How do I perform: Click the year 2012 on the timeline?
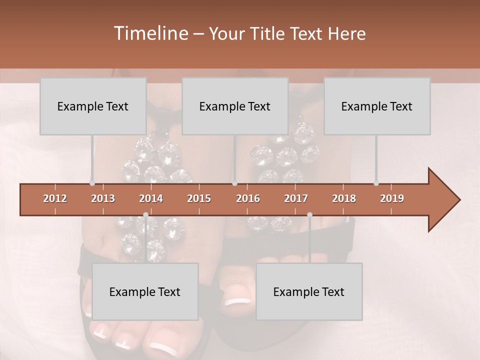tap(55, 198)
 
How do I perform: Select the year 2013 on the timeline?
tap(103, 198)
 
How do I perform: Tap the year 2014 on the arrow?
tap(151, 198)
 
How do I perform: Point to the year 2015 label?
tap(199, 198)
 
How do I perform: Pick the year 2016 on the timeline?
tap(248, 198)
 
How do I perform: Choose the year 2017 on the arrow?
tap(296, 198)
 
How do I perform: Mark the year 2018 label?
tap(344, 198)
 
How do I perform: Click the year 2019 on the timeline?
tap(392, 198)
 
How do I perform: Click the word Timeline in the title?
tap(149, 33)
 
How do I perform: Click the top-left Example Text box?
tap(93, 106)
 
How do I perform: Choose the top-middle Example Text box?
tap(235, 106)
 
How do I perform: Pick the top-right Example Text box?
tap(377, 106)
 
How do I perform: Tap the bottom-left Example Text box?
tap(145, 291)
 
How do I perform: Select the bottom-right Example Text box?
tap(309, 291)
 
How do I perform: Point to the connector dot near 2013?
tap(92, 183)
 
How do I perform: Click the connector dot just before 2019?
tap(376, 183)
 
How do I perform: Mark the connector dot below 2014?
tap(145, 215)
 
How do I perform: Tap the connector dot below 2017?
tap(309, 215)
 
